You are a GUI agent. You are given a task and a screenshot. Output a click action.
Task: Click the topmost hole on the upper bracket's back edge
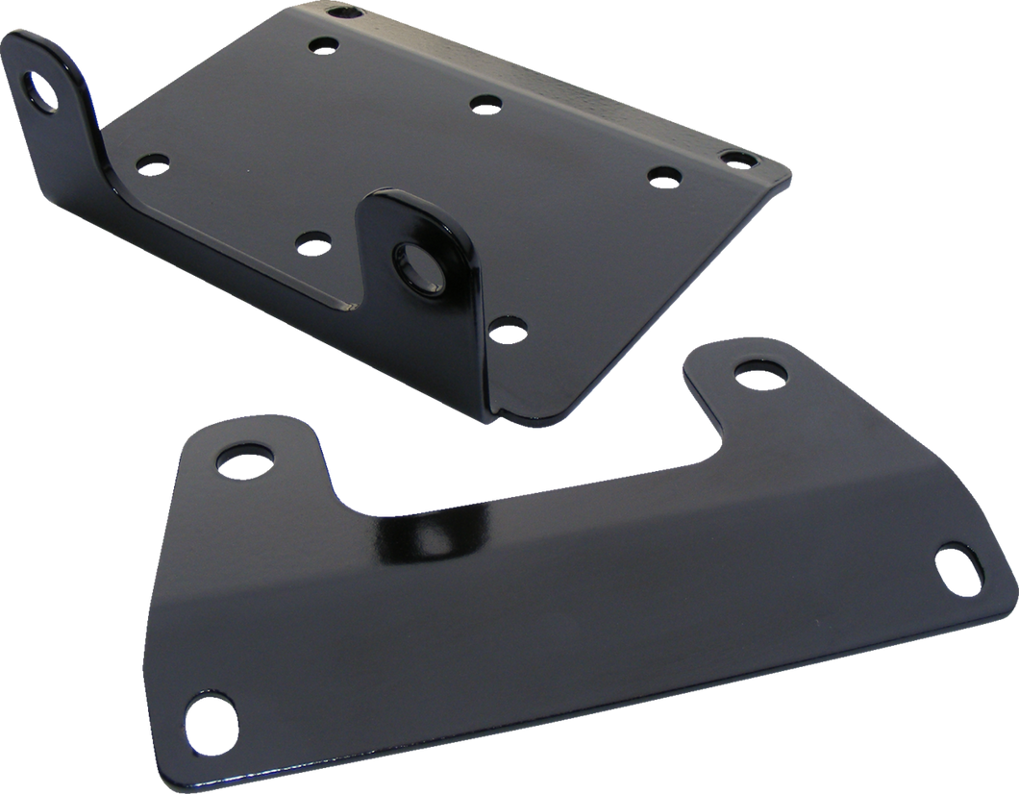click(x=343, y=12)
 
